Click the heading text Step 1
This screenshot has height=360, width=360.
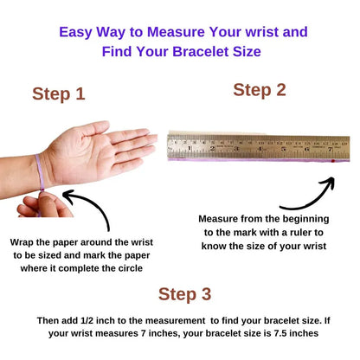(59, 94)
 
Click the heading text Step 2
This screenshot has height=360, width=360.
(259, 90)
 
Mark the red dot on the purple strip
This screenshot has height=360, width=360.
(333, 161)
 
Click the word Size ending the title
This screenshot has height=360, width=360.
(243, 51)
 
